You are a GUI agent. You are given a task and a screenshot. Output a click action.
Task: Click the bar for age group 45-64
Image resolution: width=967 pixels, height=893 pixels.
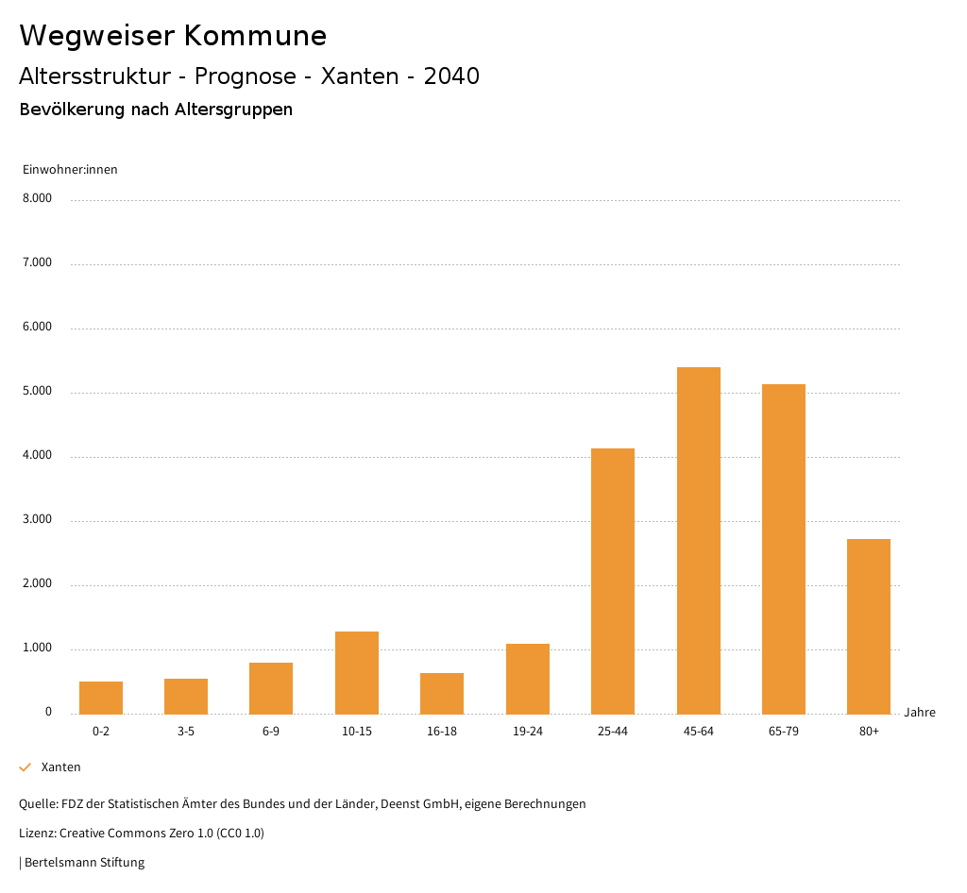click(x=698, y=540)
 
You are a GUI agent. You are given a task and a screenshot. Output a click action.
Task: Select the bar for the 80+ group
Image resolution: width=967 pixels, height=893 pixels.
click(x=869, y=626)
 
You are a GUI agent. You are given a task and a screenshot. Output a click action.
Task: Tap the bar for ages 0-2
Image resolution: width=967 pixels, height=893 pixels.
click(x=101, y=697)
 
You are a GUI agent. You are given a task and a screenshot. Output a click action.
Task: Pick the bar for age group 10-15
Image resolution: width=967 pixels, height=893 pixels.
click(x=357, y=672)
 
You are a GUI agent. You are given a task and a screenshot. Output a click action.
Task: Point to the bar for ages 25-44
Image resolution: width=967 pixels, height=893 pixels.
click(x=613, y=581)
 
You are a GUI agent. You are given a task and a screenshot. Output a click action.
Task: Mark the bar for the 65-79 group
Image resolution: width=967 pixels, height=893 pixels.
click(x=784, y=548)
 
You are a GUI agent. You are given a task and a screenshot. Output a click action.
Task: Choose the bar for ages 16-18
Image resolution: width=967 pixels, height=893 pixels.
click(x=442, y=693)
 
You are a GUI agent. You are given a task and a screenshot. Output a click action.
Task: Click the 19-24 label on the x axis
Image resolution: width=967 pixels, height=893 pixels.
click(x=527, y=732)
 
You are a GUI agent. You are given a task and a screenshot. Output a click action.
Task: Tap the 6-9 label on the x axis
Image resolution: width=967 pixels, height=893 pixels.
click(x=271, y=732)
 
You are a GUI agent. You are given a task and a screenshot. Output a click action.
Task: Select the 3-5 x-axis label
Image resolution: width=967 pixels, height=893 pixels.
click(x=186, y=732)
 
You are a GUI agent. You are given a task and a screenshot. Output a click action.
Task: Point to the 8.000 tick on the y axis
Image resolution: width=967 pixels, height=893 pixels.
click(x=37, y=198)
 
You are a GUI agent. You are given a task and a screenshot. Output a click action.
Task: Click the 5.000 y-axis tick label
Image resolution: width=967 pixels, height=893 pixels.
click(x=37, y=391)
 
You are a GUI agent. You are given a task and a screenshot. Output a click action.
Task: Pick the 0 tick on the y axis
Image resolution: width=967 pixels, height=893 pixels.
click(x=48, y=712)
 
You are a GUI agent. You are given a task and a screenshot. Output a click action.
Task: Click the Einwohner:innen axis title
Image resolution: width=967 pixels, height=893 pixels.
click(x=70, y=170)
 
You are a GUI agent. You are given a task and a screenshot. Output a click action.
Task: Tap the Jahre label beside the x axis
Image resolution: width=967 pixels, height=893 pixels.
click(x=920, y=712)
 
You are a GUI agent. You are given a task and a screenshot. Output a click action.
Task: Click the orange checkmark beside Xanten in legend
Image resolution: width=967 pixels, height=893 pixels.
click(x=25, y=767)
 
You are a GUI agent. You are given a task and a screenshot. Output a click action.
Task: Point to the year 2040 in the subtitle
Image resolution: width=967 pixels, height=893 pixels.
click(x=451, y=76)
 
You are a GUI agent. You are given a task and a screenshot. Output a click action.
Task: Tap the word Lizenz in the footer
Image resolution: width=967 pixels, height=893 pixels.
click(x=37, y=834)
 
